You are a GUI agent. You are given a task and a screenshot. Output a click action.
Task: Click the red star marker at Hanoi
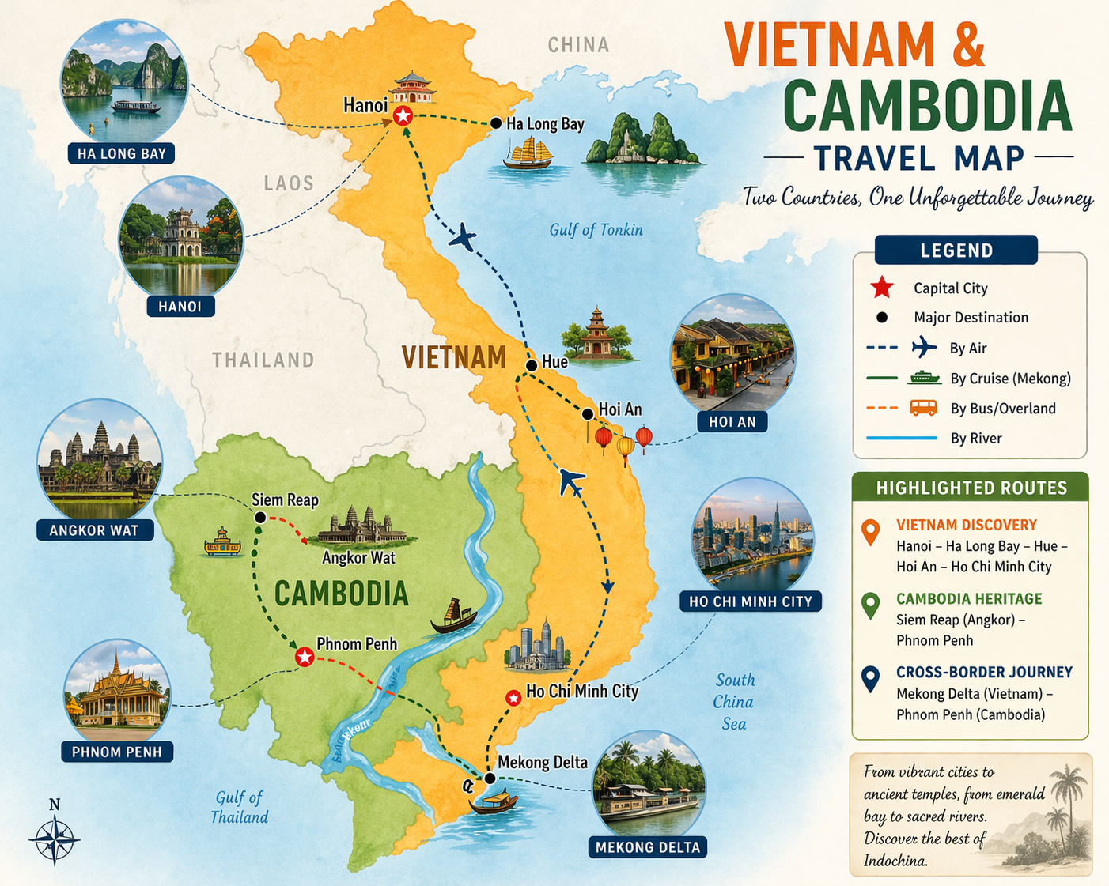click(x=403, y=117)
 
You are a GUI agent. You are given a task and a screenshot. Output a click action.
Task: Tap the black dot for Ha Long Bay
click(x=495, y=123)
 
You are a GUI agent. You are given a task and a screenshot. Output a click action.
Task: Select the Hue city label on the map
click(x=554, y=362)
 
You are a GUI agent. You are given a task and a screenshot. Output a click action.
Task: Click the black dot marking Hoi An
click(x=587, y=414)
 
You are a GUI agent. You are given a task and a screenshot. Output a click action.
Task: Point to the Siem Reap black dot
click(x=259, y=517)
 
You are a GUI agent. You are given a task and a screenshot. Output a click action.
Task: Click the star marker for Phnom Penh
click(x=304, y=657)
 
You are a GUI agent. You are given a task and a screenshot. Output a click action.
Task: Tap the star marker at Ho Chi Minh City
click(x=513, y=698)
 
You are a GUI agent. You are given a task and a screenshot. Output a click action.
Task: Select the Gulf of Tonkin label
click(x=596, y=230)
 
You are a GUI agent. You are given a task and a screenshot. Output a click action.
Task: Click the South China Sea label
click(x=734, y=701)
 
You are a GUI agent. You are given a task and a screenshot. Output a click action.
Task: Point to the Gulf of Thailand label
click(x=239, y=807)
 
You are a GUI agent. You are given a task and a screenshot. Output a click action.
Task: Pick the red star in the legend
click(x=882, y=288)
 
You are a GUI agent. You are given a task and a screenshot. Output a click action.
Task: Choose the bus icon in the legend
click(x=923, y=408)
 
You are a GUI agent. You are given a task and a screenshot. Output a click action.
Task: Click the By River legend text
click(x=975, y=439)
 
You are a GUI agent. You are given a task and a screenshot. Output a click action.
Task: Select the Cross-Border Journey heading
click(x=984, y=672)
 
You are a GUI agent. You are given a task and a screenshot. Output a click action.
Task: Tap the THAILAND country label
click(x=263, y=360)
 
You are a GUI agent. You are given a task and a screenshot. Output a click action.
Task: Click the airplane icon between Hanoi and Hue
click(x=463, y=237)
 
